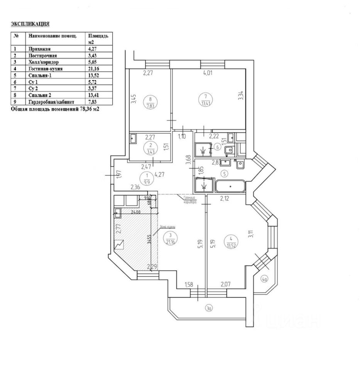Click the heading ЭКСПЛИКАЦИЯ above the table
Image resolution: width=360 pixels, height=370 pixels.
tap(30, 24)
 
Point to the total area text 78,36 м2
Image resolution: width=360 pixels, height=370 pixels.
tap(82, 109)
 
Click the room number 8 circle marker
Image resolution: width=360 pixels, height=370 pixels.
tap(150, 101)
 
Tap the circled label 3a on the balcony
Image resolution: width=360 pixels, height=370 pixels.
tap(209, 308)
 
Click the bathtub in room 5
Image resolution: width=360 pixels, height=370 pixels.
tap(230, 186)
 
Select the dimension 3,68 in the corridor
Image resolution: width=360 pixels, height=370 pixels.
tap(188, 159)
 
